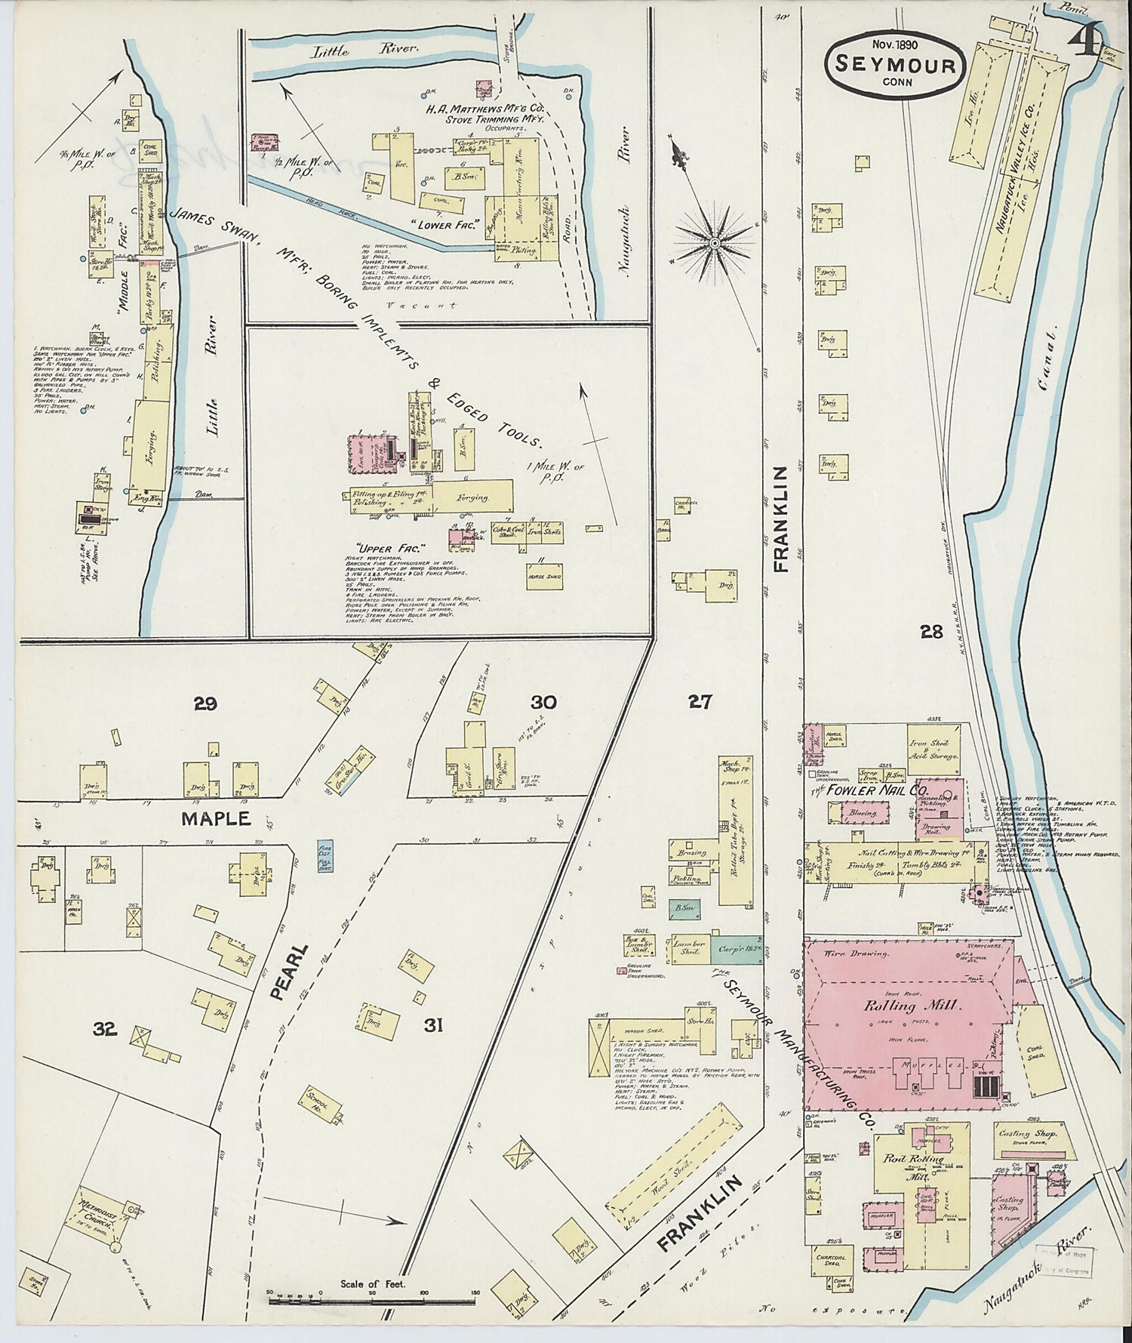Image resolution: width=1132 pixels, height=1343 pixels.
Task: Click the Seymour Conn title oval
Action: (x=895, y=66)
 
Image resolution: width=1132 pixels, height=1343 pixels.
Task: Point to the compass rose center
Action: (x=714, y=242)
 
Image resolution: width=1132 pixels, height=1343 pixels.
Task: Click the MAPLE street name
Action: (x=215, y=818)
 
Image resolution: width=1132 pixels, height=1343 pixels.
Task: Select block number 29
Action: (x=205, y=704)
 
